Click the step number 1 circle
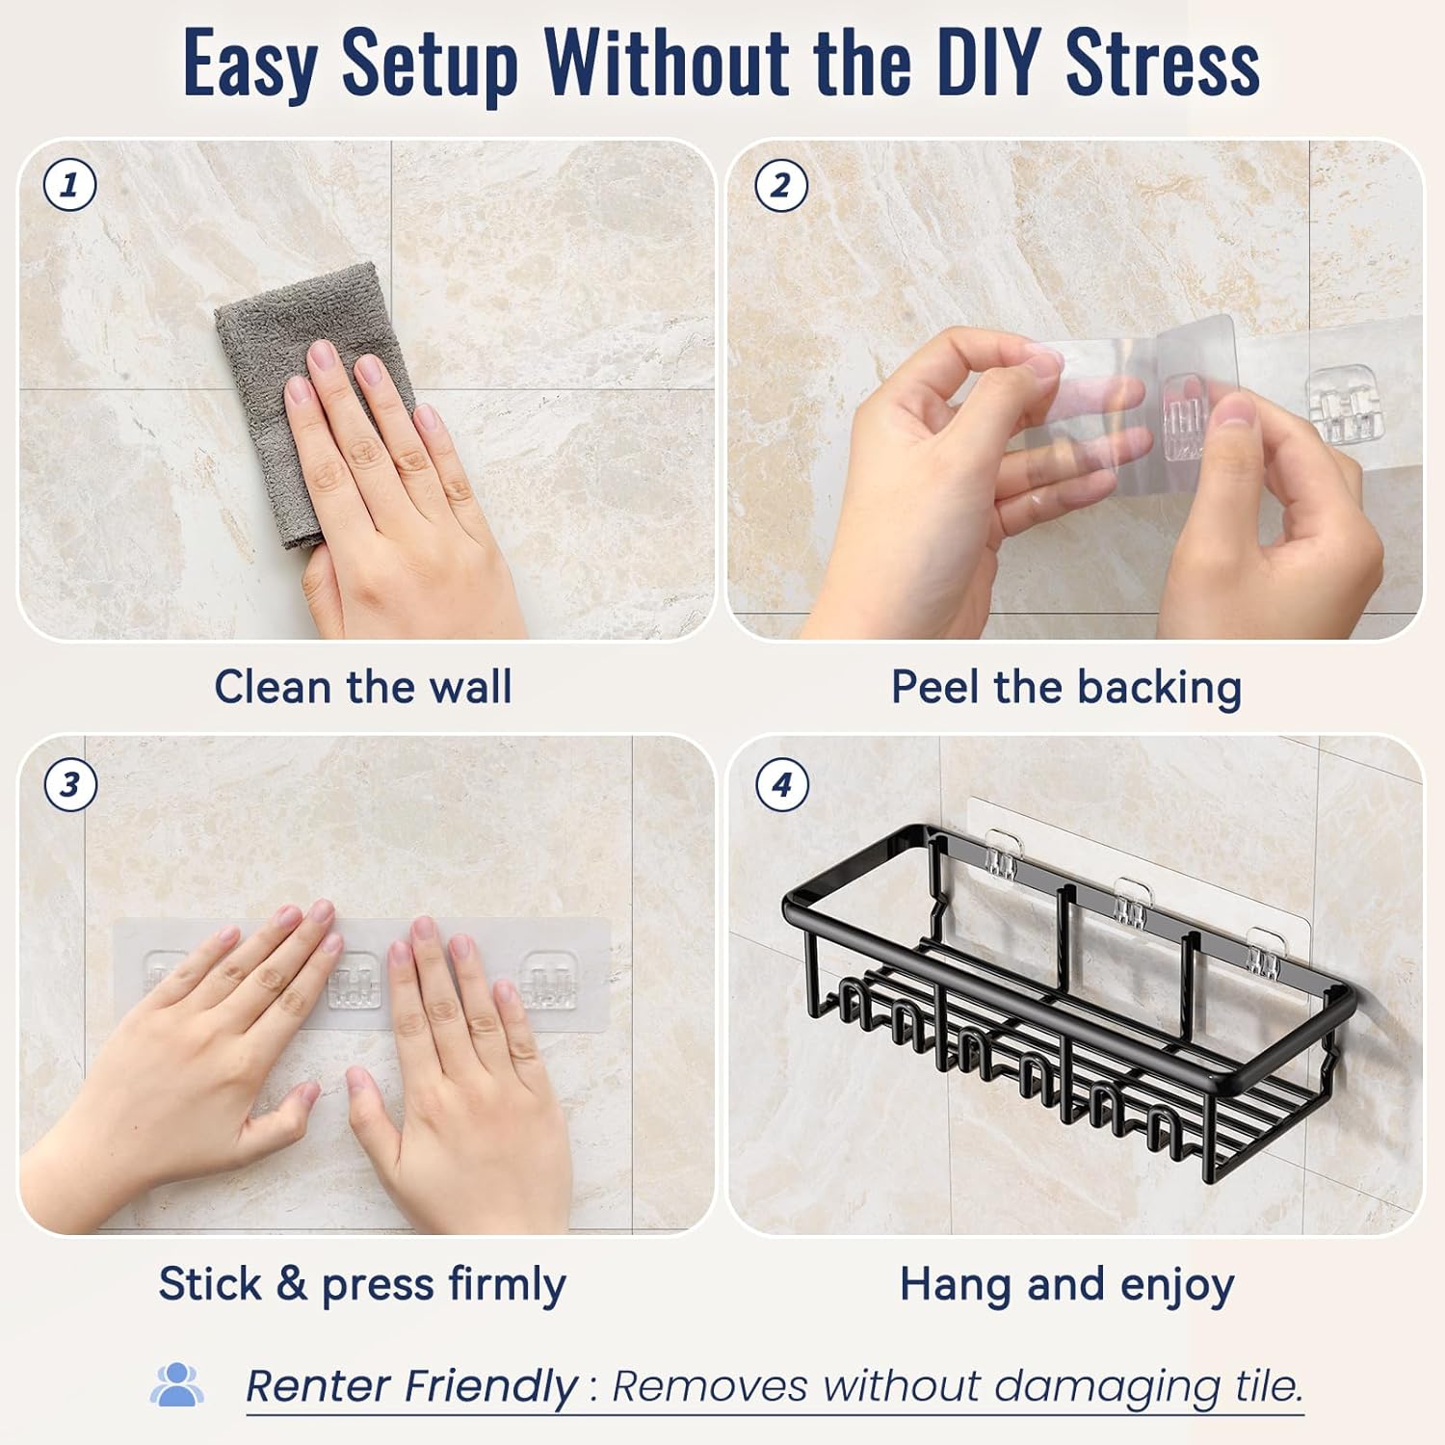click(x=70, y=184)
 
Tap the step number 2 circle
click(x=780, y=184)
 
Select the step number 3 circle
click(x=70, y=784)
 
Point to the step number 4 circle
click(x=781, y=784)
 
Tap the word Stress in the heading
click(x=1163, y=64)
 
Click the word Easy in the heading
click(x=250, y=66)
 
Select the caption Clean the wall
click(x=363, y=688)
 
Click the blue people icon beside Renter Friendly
click(x=176, y=1384)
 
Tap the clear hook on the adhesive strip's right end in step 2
click(x=1338, y=404)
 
